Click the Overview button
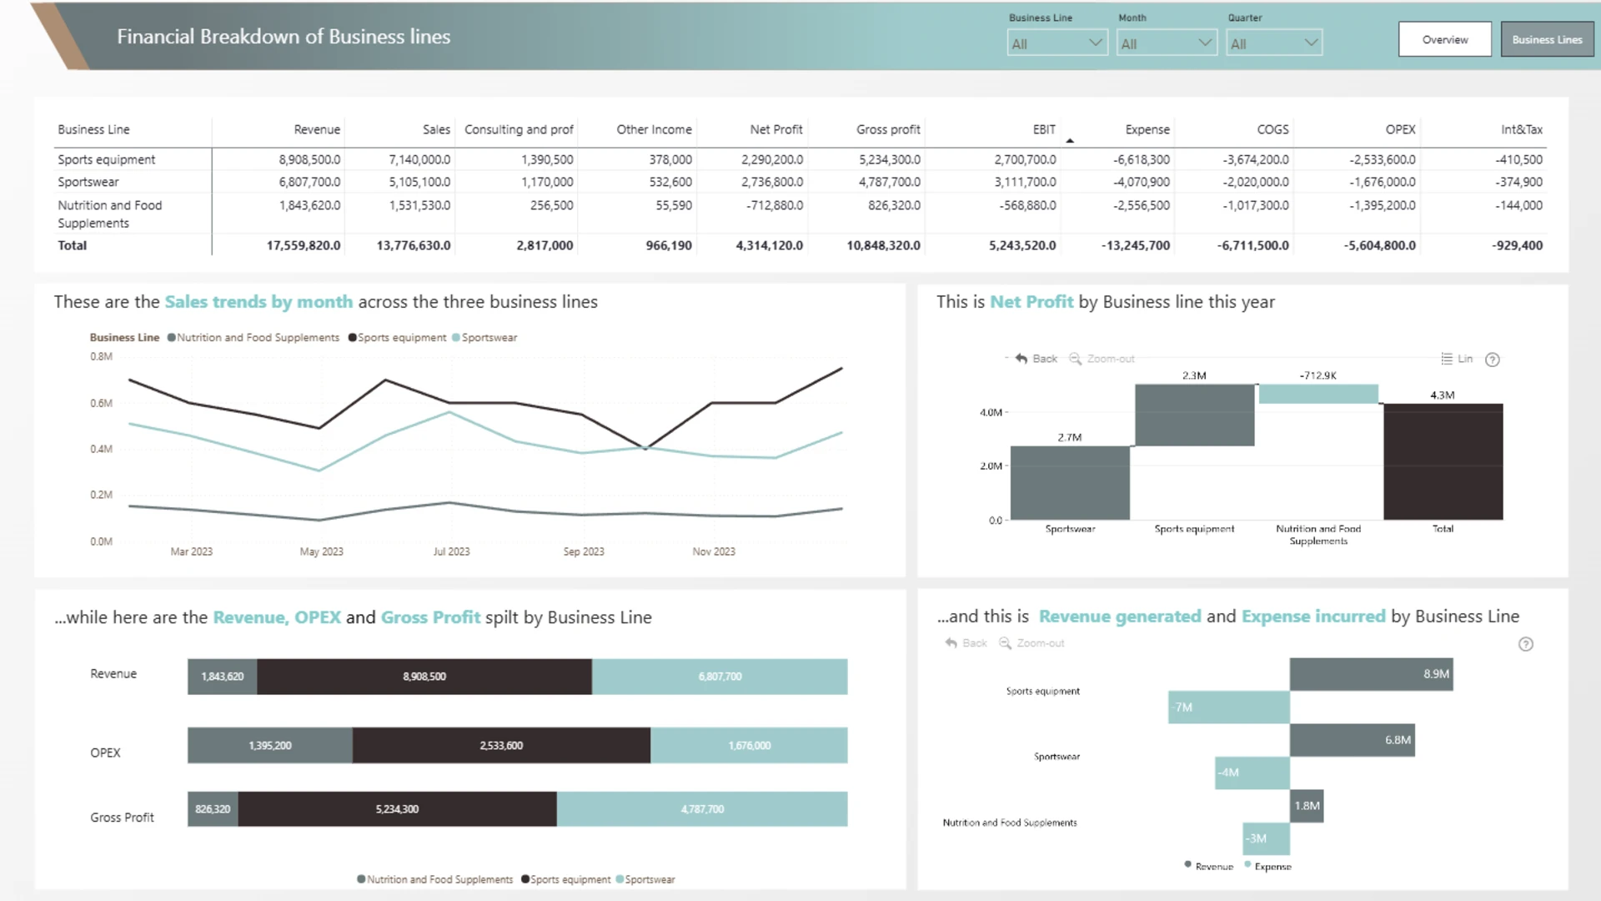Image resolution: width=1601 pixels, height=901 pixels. point(1444,39)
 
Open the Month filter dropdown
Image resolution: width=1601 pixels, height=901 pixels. point(1166,43)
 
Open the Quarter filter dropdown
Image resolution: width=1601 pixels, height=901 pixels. point(1274,43)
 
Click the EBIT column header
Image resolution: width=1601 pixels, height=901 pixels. point(1044,129)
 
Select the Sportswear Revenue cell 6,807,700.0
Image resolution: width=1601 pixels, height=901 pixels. point(309,182)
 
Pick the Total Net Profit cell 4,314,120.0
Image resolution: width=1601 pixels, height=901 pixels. point(769,245)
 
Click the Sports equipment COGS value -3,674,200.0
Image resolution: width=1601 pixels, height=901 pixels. point(1256,159)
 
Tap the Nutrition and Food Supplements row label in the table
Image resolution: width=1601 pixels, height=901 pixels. point(109,214)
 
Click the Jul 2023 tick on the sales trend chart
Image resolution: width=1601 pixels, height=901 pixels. point(451,551)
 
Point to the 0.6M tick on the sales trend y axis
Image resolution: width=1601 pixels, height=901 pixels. point(101,403)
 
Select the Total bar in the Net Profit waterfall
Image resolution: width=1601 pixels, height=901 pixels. point(1443,461)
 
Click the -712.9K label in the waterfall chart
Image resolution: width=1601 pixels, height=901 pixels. point(1317,375)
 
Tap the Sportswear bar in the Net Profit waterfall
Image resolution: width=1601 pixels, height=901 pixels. point(1070,483)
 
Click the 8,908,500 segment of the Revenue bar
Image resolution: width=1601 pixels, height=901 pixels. point(424,677)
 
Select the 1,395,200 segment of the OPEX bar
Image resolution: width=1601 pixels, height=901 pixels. point(270,746)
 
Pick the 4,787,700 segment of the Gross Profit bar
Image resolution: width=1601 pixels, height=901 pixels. point(702,809)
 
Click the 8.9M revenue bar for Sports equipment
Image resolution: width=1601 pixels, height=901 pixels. point(1371,674)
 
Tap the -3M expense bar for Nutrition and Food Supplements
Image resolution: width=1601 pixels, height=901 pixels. point(1266,838)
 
